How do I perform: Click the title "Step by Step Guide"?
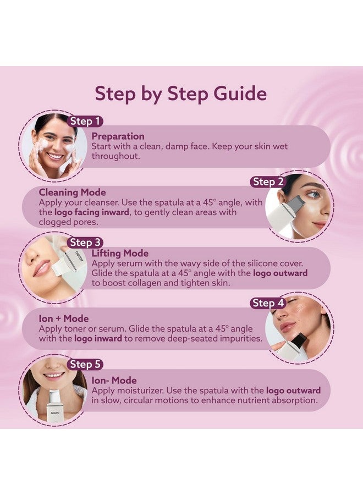(181, 93)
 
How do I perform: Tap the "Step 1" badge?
(85, 121)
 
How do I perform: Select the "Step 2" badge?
(268, 182)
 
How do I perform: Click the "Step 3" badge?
(85, 242)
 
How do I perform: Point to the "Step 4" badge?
(268, 303)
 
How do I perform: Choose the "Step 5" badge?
(85, 364)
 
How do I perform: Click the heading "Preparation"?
(118, 136)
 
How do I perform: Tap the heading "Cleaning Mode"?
(71, 193)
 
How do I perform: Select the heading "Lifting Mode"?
(120, 254)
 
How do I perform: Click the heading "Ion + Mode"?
(63, 318)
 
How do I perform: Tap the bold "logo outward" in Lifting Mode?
(280, 273)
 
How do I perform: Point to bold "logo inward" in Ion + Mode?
(98, 339)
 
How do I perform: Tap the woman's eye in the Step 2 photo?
(312, 194)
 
